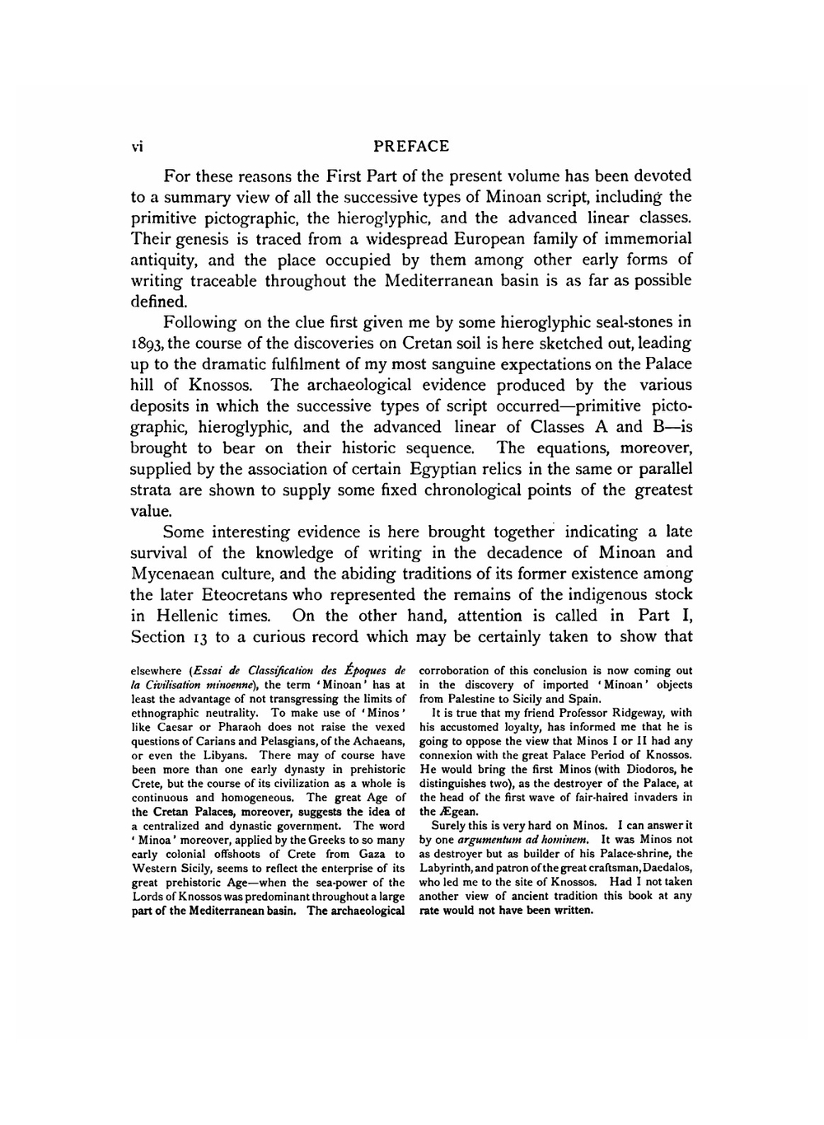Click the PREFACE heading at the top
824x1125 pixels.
point(411,147)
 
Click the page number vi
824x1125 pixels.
point(137,148)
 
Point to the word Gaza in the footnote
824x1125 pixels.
point(368,854)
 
